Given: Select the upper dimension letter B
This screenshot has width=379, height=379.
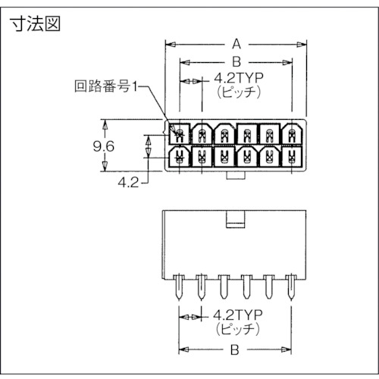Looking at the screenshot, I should point(236,61).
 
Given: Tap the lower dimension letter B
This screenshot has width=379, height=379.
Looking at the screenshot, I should point(236,350).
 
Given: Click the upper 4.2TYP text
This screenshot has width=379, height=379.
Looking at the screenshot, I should point(237,77).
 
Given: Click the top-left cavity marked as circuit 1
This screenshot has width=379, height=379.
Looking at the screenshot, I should point(180,134).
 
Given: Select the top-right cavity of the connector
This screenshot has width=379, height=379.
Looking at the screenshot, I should point(292,134).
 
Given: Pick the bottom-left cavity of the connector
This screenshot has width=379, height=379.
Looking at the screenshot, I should point(180,157).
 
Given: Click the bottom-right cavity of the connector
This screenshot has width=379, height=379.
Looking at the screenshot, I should point(292,157).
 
